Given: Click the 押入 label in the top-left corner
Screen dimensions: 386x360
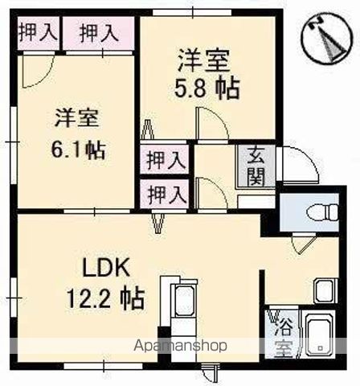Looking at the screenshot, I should pyautogui.click(x=37, y=33).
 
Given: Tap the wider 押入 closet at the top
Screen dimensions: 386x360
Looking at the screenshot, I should pyautogui.click(x=98, y=33).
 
